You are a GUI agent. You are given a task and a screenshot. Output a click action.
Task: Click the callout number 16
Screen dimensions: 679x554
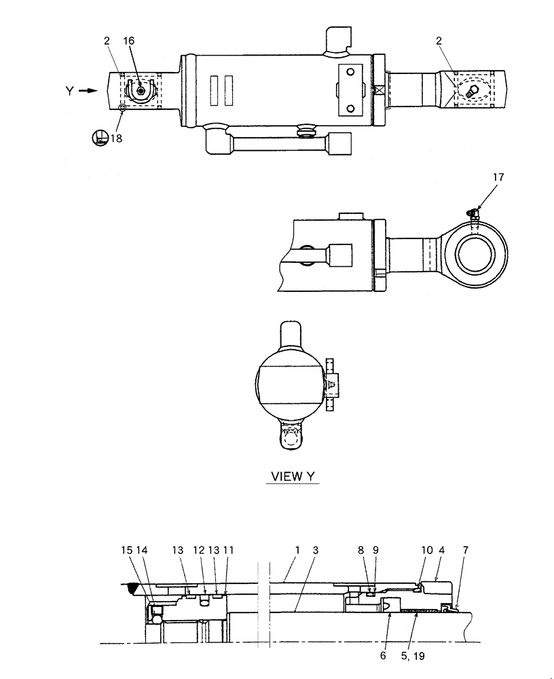pos(128,41)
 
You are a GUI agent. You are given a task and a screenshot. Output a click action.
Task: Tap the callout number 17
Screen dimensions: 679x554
pos(499,179)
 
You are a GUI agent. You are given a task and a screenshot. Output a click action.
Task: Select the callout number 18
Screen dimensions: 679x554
pos(116,138)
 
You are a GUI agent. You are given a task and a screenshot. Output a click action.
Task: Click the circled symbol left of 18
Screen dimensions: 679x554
pos(99,138)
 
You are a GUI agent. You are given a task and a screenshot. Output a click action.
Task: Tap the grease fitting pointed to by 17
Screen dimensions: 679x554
pos(472,214)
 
